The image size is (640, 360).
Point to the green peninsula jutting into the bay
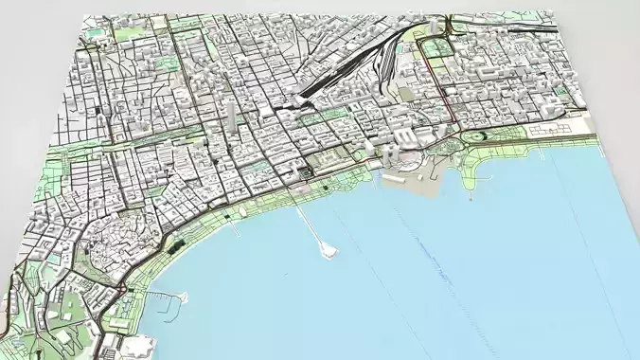478,171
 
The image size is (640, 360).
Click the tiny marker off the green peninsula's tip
471,198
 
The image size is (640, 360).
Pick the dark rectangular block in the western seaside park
175,245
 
